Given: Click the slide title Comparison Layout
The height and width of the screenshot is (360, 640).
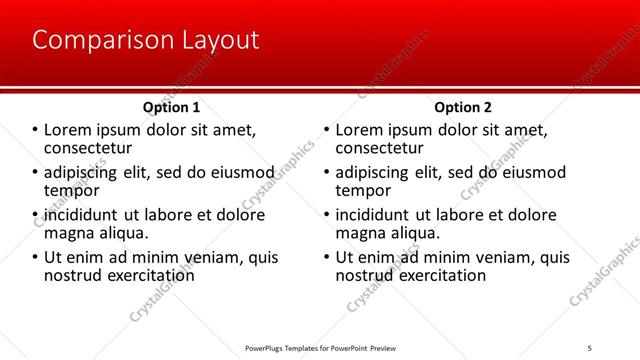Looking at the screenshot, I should (x=146, y=41).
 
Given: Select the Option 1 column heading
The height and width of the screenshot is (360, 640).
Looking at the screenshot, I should (x=172, y=107).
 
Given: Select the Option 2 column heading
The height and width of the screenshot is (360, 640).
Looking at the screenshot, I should (x=463, y=107).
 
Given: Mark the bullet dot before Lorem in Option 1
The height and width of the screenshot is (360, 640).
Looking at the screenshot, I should (x=35, y=131).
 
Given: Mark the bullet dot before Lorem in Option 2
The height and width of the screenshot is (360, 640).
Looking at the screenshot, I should (x=327, y=131).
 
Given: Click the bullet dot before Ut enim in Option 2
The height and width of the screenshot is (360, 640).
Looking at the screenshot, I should (x=327, y=257).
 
